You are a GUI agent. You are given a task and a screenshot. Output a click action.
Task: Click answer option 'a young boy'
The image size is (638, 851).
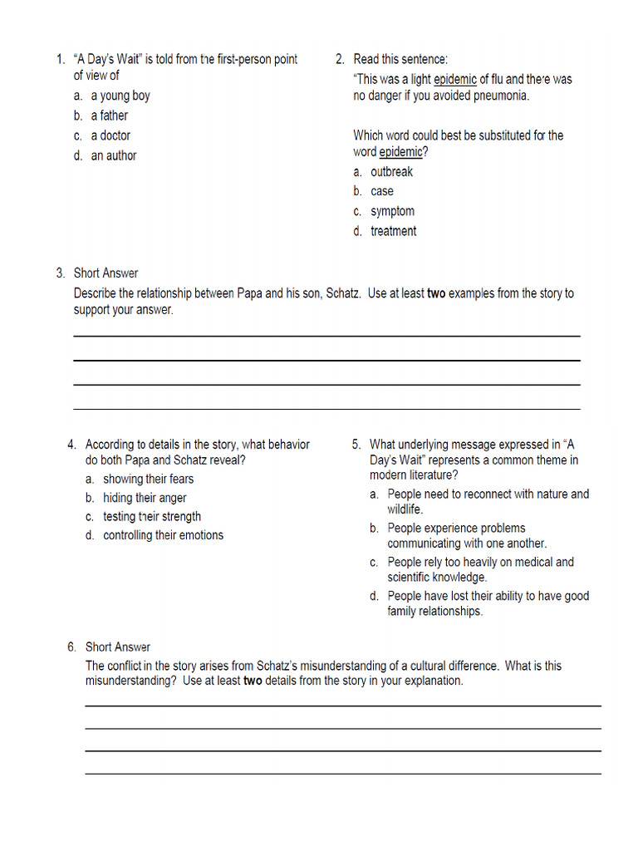point(120,96)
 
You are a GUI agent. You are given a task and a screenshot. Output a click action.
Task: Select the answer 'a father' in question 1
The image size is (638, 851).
point(109,116)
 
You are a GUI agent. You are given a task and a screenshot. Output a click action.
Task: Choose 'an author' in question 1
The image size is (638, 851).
point(114,155)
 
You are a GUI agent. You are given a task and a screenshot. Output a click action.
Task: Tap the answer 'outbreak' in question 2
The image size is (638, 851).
point(391,172)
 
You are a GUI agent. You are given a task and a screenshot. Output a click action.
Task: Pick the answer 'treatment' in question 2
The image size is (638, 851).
point(393,231)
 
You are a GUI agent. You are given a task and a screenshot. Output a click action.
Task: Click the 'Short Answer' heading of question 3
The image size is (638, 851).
point(106,273)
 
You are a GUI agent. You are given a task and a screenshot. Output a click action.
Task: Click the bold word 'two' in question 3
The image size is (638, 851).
point(436,293)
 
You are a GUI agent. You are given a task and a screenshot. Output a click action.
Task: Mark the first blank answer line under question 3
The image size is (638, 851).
point(326,335)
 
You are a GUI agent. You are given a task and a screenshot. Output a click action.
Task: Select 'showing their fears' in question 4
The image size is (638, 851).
point(148,479)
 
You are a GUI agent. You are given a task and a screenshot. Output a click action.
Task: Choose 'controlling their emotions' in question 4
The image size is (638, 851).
point(163,535)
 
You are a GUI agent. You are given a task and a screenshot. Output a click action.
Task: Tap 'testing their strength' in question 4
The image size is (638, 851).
point(152,516)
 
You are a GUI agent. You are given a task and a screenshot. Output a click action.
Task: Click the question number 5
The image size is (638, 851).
point(356,445)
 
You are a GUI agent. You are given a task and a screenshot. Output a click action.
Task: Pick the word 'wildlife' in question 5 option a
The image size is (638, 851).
point(405,509)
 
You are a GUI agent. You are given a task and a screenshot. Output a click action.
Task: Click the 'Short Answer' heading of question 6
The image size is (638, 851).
point(117,647)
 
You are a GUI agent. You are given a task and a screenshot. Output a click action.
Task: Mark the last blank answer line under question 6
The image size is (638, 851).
point(342,774)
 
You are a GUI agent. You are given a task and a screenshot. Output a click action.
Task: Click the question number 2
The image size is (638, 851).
point(340,59)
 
